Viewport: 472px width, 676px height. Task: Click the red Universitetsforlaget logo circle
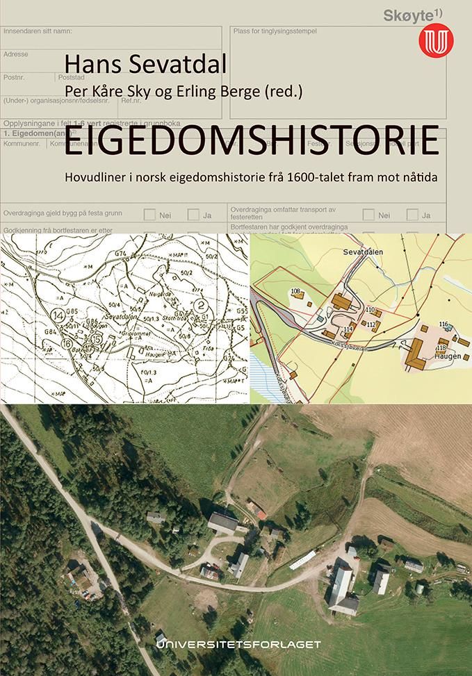tap(435, 41)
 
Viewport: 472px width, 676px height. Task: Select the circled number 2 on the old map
tap(201, 304)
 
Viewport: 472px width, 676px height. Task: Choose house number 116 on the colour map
tap(444, 324)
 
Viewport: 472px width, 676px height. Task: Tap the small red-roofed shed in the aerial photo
tap(261, 514)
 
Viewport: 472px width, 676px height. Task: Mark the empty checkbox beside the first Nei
tap(149, 215)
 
